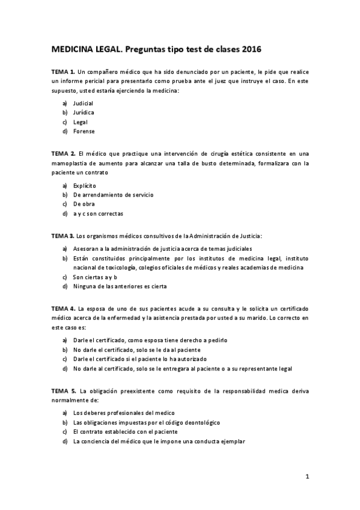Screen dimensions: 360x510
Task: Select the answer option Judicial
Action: pyautogui.click(x=83, y=103)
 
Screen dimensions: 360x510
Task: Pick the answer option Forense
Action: pyautogui.click(x=84, y=131)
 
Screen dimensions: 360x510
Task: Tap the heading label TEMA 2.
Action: pyautogui.click(x=63, y=153)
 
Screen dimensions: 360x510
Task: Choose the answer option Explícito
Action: pyautogui.click(x=84, y=185)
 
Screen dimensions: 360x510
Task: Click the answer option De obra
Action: pyautogui.click(x=84, y=204)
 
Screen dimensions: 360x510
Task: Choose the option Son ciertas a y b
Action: pyautogui.click(x=94, y=277)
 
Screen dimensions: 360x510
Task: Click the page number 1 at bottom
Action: pyautogui.click(x=307, y=477)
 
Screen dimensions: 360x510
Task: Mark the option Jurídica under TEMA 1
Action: pyautogui.click(x=84, y=112)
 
